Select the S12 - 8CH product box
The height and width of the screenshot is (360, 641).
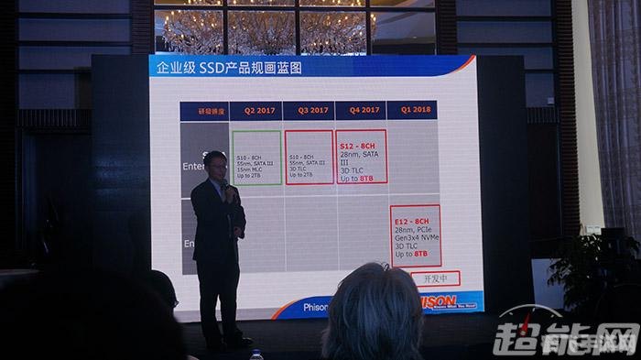tap(361, 157)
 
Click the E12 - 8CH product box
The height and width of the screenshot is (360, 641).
tap(415, 235)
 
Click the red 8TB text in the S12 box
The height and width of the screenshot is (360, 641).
tap(366, 179)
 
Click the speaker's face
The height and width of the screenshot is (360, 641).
tap(216, 167)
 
